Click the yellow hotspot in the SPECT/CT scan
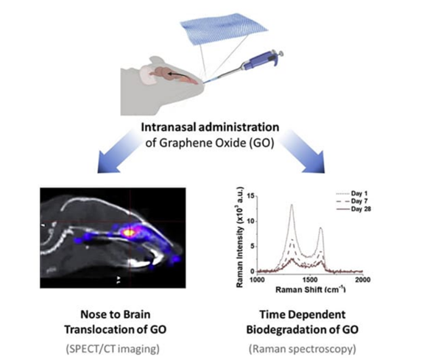click(129, 233)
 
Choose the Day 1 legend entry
click(352, 194)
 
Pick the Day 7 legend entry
click(352, 201)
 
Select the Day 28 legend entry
click(353, 209)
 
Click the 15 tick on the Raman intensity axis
click(250, 196)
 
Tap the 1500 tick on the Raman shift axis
click(310, 280)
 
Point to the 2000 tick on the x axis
click(363, 280)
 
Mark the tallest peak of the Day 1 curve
click(292, 205)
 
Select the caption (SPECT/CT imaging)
click(113, 349)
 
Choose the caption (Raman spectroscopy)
click(303, 349)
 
